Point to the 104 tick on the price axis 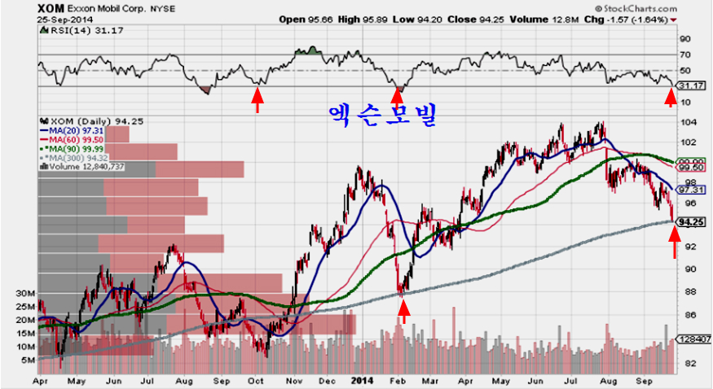689,122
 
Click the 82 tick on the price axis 688,363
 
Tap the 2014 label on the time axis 363,379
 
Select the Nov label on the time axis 295,379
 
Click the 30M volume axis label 26,293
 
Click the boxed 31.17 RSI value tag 691,85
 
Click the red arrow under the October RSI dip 257,100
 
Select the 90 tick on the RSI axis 685,38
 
